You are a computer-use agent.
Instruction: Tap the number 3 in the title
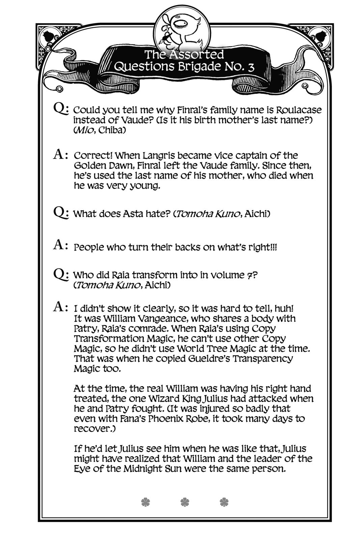coord(250,67)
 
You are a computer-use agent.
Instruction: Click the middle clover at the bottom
coord(185,502)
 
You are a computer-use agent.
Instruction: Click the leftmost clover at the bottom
coord(145,502)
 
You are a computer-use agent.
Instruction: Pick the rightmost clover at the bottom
coord(224,502)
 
